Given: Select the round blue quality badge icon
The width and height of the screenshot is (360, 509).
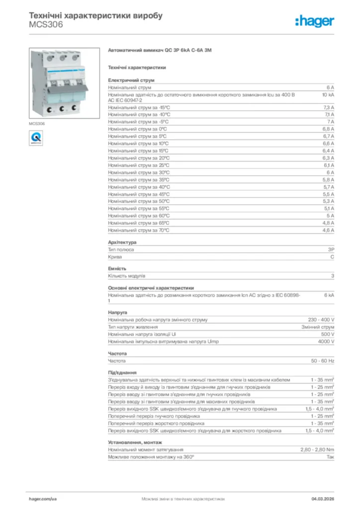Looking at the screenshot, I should [36, 137].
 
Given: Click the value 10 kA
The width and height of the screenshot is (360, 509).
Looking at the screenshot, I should [328, 94].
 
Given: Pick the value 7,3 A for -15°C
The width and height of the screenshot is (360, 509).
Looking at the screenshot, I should [328, 107].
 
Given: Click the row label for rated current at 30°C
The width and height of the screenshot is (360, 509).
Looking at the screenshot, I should [139, 172].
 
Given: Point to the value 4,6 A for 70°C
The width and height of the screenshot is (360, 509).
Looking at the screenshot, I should [328, 230].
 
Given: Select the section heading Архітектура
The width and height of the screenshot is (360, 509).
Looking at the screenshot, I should [122, 242].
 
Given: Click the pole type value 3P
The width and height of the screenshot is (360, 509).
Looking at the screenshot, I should [331, 250].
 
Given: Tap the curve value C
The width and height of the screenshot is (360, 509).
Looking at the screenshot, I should [332, 257].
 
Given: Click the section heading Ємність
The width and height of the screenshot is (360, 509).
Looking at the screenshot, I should [117, 268].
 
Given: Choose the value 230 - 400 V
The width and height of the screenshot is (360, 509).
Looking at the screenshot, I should [321, 320].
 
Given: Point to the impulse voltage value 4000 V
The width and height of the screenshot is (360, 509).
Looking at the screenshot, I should [326, 341].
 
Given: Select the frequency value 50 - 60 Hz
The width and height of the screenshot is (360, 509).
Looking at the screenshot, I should [323, 360].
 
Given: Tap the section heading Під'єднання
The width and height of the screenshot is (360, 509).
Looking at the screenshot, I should [122, 372].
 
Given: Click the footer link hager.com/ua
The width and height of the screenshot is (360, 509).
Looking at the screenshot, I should [43, 498].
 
